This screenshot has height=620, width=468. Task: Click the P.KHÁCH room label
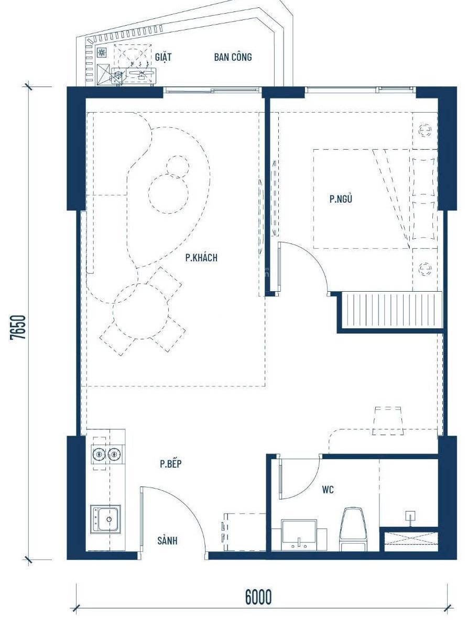pos(201,258)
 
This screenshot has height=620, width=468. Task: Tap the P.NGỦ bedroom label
pos(341,198)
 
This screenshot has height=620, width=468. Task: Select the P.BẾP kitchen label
pos(171,463)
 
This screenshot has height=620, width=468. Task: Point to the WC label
pos(328,490)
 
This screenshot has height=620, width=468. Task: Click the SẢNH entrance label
pos(167,540)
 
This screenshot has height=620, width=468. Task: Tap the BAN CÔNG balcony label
pos(233,57)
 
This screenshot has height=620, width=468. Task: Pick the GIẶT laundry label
pos(163,57)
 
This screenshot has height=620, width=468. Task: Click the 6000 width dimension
pos(258,596)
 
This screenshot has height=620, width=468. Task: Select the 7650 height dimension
pos(18,327)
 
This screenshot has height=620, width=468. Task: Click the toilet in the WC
pos(352,530)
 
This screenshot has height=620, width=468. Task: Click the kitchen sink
pos(106,519)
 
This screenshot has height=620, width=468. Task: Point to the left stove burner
pos(99,455)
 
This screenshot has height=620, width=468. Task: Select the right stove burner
pos(114,455)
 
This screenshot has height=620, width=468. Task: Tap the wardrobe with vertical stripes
pos(391,311)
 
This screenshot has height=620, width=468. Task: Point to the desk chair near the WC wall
pos(388,420)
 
